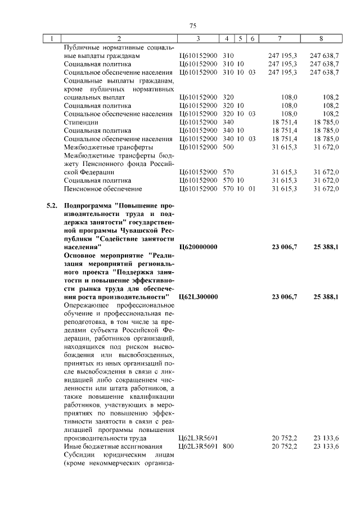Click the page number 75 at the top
point(192,26)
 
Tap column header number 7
point(280,39)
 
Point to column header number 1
point(52,39)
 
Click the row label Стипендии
point(82,122)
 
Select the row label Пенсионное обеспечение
point(103,188)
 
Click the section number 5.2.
point(52,206)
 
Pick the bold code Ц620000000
point(197,246)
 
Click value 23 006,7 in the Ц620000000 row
point(285,246)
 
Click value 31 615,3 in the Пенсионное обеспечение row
point(285,188)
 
